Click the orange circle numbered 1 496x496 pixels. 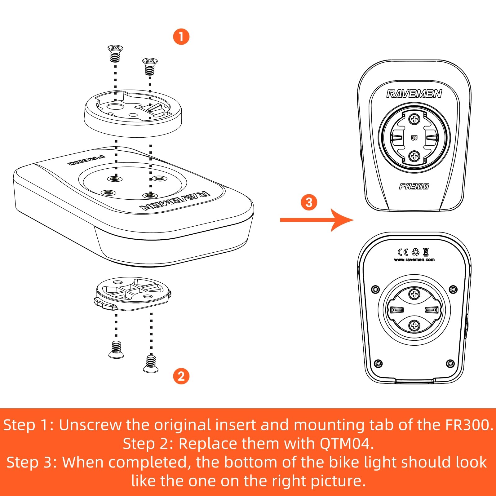click(181, 37)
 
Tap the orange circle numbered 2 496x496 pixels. click(181, 376)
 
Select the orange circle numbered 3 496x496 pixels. click(309, 202)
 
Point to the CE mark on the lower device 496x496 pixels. click(403, 252)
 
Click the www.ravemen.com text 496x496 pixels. click(414, 260)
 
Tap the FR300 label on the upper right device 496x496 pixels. click(414, 186)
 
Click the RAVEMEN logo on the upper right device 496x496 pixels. click(414, 94)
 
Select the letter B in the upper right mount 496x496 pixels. click(414, 138)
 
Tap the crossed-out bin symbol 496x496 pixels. click(426, 252)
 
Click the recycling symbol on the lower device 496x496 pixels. click(415, 252)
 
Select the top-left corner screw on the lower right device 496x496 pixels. click(375, 290)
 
